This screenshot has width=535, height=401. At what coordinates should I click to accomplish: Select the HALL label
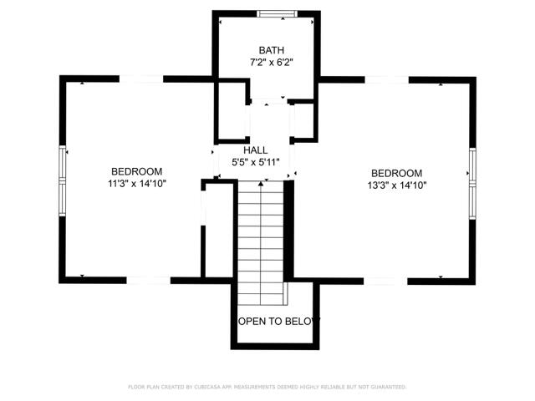click(256, 150)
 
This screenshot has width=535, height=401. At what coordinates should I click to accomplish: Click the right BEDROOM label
click(397, 173)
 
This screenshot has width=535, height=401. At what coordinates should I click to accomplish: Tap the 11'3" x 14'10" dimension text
click(137, 183)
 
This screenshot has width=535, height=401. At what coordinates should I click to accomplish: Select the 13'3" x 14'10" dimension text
click(398, 185)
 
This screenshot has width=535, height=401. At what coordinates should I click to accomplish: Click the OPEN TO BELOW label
click(275, 321)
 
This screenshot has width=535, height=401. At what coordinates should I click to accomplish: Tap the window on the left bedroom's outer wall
click(61, 180)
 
